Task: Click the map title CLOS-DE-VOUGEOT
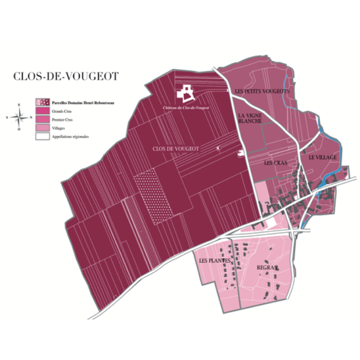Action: [66, 77]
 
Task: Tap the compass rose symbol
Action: [19, 117]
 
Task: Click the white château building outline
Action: [186, 94]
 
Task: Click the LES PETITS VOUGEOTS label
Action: [262, 92]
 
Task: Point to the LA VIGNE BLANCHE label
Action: [250, 118]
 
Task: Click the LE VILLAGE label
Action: [322, 157]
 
